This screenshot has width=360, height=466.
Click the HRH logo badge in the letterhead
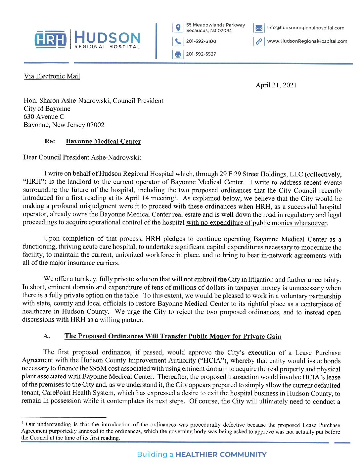51,39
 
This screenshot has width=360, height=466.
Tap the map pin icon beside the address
178,28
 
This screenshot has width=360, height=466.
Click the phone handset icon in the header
178,41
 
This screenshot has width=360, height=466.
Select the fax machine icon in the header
178,54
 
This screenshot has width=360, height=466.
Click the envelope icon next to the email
259,28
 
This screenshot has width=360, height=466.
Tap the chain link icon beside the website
259,41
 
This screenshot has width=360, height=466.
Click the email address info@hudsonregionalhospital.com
305,28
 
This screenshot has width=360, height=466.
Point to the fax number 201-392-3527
201,54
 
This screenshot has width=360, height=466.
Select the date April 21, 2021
276,85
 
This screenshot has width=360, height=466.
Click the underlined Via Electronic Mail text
52,76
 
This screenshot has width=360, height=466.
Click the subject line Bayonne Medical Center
103,141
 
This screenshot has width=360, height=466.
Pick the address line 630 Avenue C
44,117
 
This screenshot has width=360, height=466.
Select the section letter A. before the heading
47,336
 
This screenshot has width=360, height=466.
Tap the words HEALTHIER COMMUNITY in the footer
221,454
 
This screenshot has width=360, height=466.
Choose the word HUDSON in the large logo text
108,37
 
